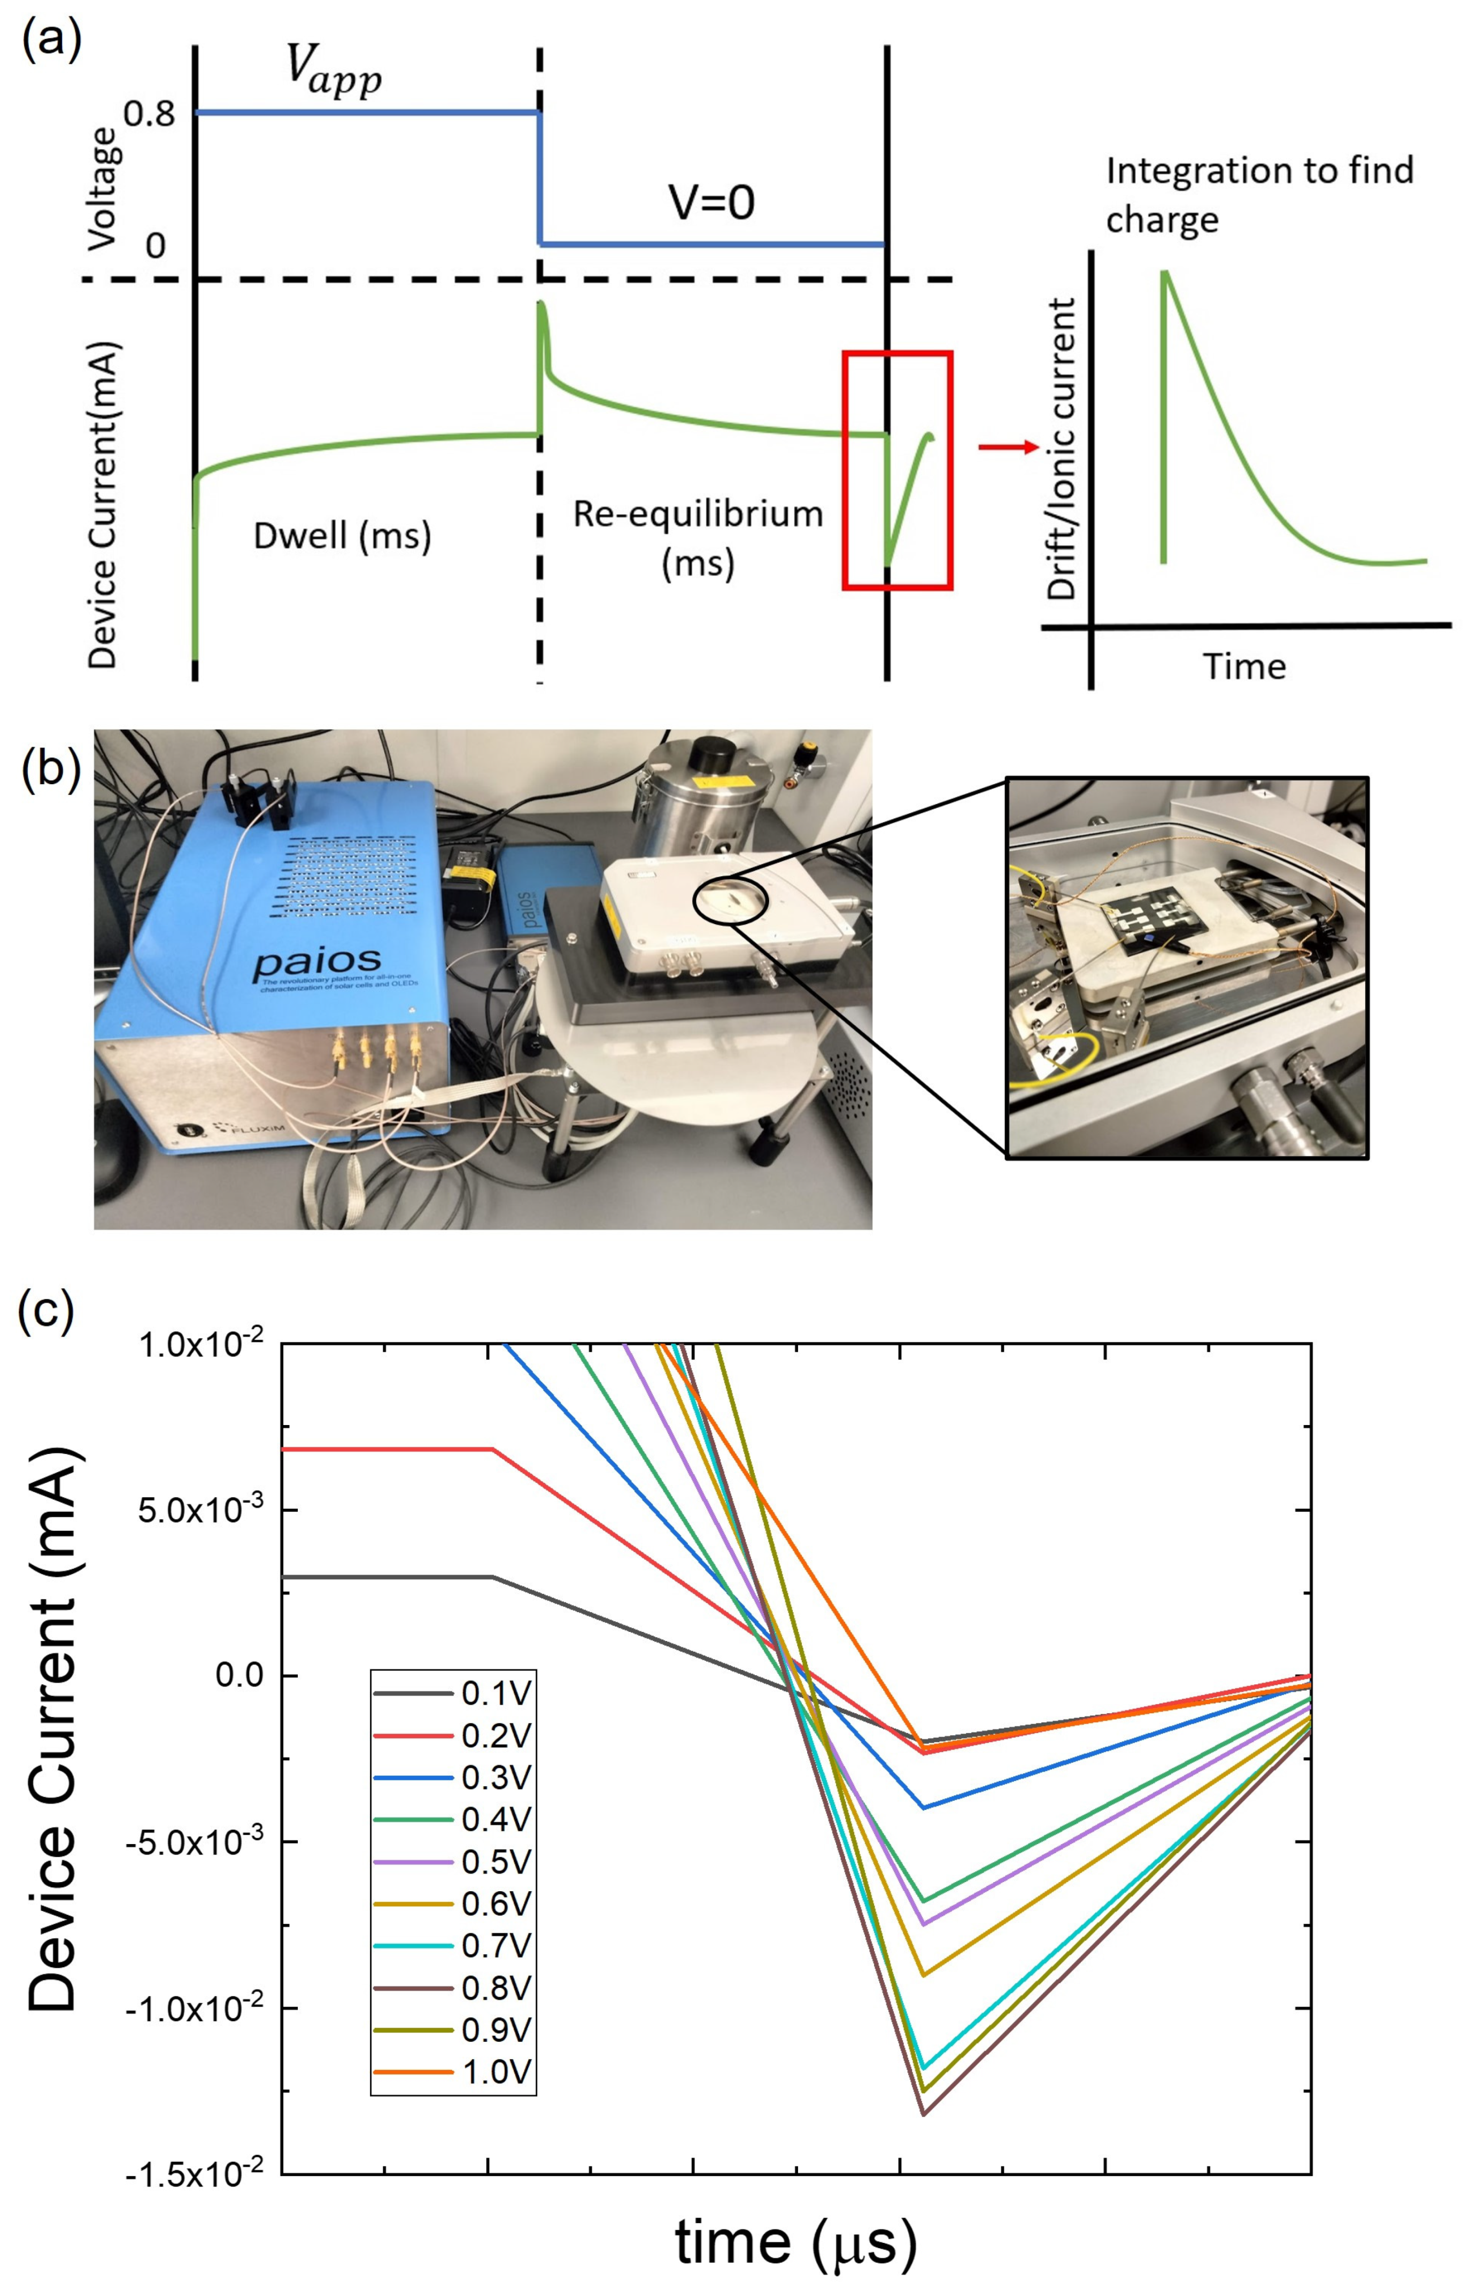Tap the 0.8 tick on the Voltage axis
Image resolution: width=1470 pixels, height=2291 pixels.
click(150, 114)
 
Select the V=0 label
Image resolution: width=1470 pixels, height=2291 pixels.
click(711, 203)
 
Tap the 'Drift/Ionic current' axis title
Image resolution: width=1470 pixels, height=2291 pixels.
click(1062, 448)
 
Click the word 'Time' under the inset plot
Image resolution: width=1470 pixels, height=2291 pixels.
click(1244, 667)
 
